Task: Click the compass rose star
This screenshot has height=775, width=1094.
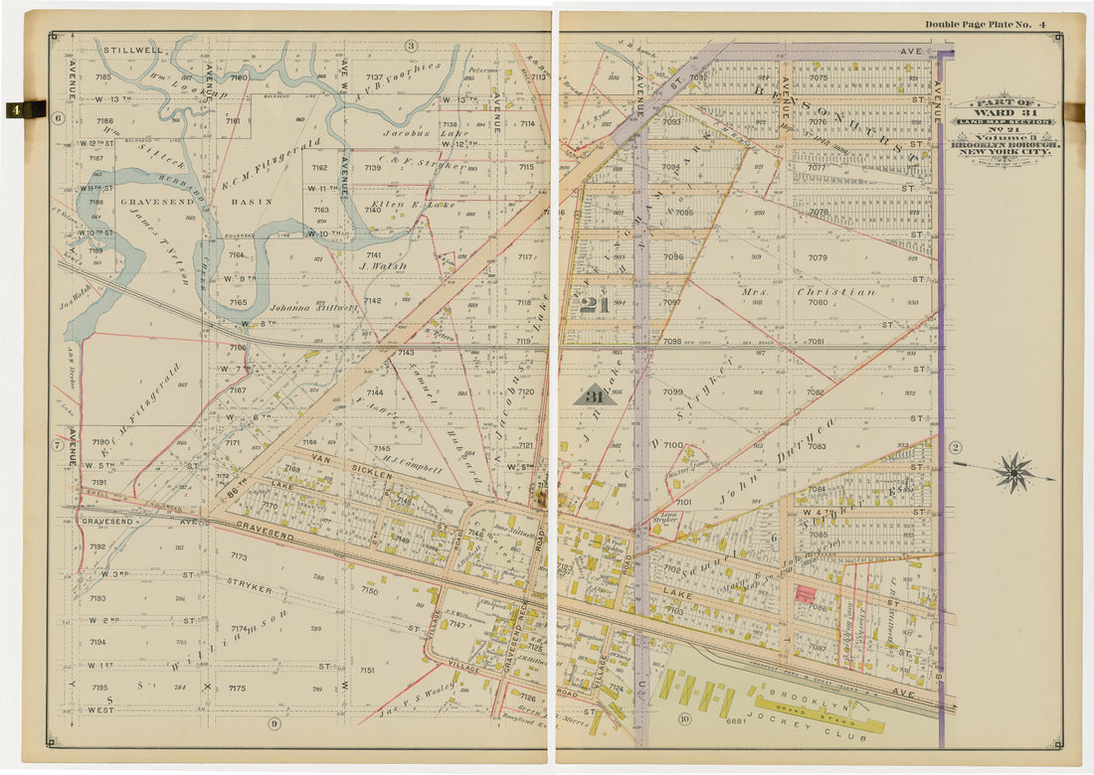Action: pyautogui.click(x=1014, y=473)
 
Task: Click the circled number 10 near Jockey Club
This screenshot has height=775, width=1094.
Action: pyautogui.click(x=684, y=718)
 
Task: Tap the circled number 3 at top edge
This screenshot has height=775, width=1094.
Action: pyautogui.click(x=410, y=46)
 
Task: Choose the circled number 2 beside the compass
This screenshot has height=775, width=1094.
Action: pyautogui.click(x=956, y=447)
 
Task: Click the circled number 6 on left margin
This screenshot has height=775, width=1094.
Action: pyautogui.click(x=58, y=118)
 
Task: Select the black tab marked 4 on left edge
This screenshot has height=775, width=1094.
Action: pyautogui.click(x=25, y=109)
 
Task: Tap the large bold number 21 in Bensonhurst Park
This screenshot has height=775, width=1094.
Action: pyautogui.click(x=595, y=305)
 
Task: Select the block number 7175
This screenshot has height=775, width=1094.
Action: pyautogui.click(x=237, y=688)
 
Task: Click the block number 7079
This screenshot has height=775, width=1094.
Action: pyautogui.click(x=818, y=258)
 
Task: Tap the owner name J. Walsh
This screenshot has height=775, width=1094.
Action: pyautogui.click(x=378, y=266)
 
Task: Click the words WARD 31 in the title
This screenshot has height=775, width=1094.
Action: pyautogui.click(x=1003, y=112)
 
